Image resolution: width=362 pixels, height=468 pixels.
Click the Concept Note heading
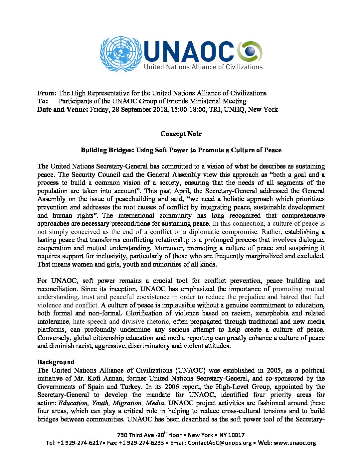click(181, 134)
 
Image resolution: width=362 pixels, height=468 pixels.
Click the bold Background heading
click(56, 362)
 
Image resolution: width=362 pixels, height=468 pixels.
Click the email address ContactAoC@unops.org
click(220, 443)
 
